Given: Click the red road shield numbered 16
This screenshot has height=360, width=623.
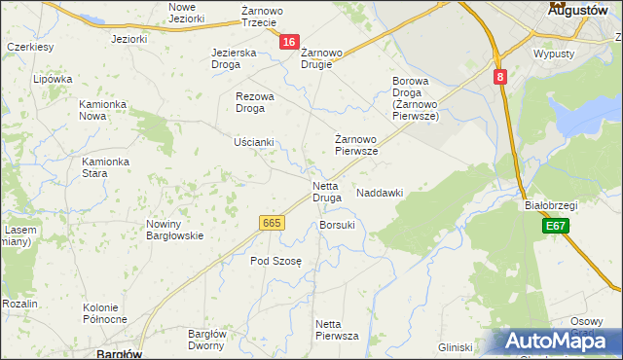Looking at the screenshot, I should point(289,42).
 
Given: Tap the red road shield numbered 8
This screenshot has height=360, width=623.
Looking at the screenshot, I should point(499,77).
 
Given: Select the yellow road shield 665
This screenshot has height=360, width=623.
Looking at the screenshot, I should point(273,223).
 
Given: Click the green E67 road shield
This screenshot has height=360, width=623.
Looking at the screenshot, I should point(555,226).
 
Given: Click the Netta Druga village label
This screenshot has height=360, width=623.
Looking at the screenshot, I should point(326,192).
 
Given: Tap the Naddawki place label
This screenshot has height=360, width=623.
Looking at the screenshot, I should point(380,194).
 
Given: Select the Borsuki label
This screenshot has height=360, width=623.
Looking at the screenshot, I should point(337,225).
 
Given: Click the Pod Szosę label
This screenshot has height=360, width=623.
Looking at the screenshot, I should point(276,261).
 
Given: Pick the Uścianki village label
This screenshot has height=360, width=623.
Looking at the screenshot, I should point(254,142).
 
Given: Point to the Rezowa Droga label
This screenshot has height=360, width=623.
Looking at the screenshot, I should point(256,102).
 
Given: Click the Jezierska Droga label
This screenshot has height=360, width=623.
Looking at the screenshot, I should point(234,58).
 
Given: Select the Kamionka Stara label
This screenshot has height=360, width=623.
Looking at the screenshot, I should point(106,167).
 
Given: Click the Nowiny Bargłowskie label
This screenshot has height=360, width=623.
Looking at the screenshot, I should point(174,230).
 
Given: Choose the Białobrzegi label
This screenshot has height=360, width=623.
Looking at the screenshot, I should point(551,205).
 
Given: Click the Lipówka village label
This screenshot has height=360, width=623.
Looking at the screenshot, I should point(53,80).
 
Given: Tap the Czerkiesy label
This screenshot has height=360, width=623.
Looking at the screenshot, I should point(29,47).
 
